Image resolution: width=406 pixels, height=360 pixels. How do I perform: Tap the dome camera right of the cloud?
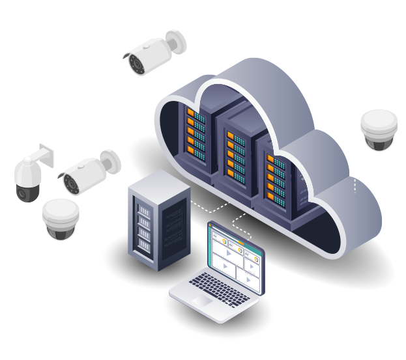pos(379,130)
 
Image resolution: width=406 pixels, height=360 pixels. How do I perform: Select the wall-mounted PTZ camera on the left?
pos(30,176)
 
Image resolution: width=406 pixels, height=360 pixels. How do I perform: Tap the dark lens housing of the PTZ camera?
pos(27,193)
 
